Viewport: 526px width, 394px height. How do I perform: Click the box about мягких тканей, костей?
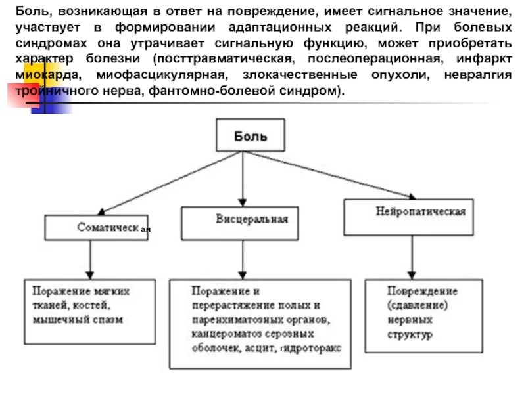91,305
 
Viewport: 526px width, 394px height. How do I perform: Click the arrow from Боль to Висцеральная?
243,177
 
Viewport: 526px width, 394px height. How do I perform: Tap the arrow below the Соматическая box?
90,259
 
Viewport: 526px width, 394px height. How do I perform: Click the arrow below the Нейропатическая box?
412,257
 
